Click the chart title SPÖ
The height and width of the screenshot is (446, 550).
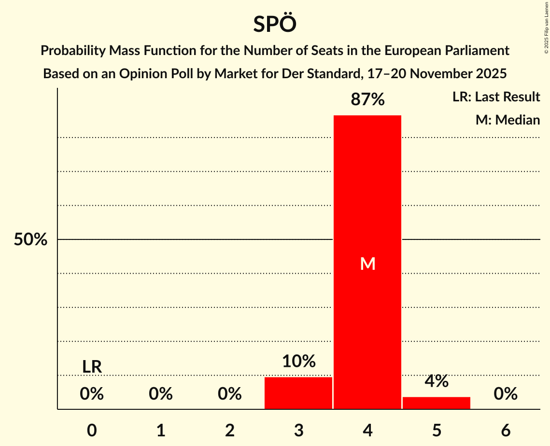pyautogui.click(x=275, y=24)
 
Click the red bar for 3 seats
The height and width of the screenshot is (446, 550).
pyautogui.click(x=298, y=393)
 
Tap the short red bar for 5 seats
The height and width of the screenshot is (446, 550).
pyautogui.click(x=437, y=403)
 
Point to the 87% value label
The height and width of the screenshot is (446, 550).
pyautogui.click(x=367, y=100)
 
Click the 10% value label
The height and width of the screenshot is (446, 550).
pyautogui.click(x=298, y=361)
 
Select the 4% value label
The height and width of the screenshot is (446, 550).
pyautogui.click(x=437, y=381)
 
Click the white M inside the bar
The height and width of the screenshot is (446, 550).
pyautogui.click(x=367, y=264)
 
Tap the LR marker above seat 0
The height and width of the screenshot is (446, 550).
pyautogui.click(x=92, y=367)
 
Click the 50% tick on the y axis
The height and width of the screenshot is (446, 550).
pyautogui.click(x=30, y=239)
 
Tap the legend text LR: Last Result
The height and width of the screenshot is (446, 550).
pyautogui.click(x=496, y=97)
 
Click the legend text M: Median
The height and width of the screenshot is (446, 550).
pyautogui.click(x=508, y=120)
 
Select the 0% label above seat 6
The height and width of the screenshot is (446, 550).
pyautogui.click(x=506, y=394)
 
